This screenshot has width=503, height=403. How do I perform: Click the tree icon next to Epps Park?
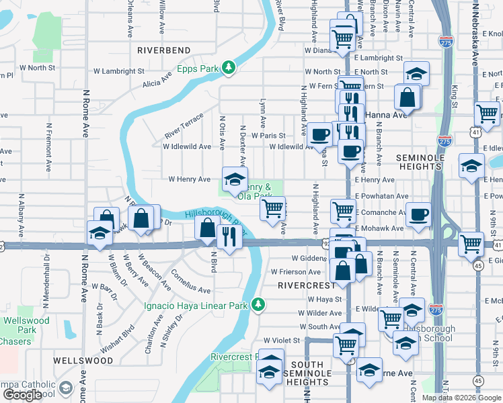229,67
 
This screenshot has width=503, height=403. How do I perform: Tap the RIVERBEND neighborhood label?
164,50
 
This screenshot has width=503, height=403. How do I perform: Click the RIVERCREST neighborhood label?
301,285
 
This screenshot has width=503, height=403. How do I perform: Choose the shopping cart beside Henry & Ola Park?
273,209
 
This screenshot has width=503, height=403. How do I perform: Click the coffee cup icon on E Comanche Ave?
419,214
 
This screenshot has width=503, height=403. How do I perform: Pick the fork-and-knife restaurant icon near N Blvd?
230,236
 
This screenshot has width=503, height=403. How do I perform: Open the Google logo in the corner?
22,395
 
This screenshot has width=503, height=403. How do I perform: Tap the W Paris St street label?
268,136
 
